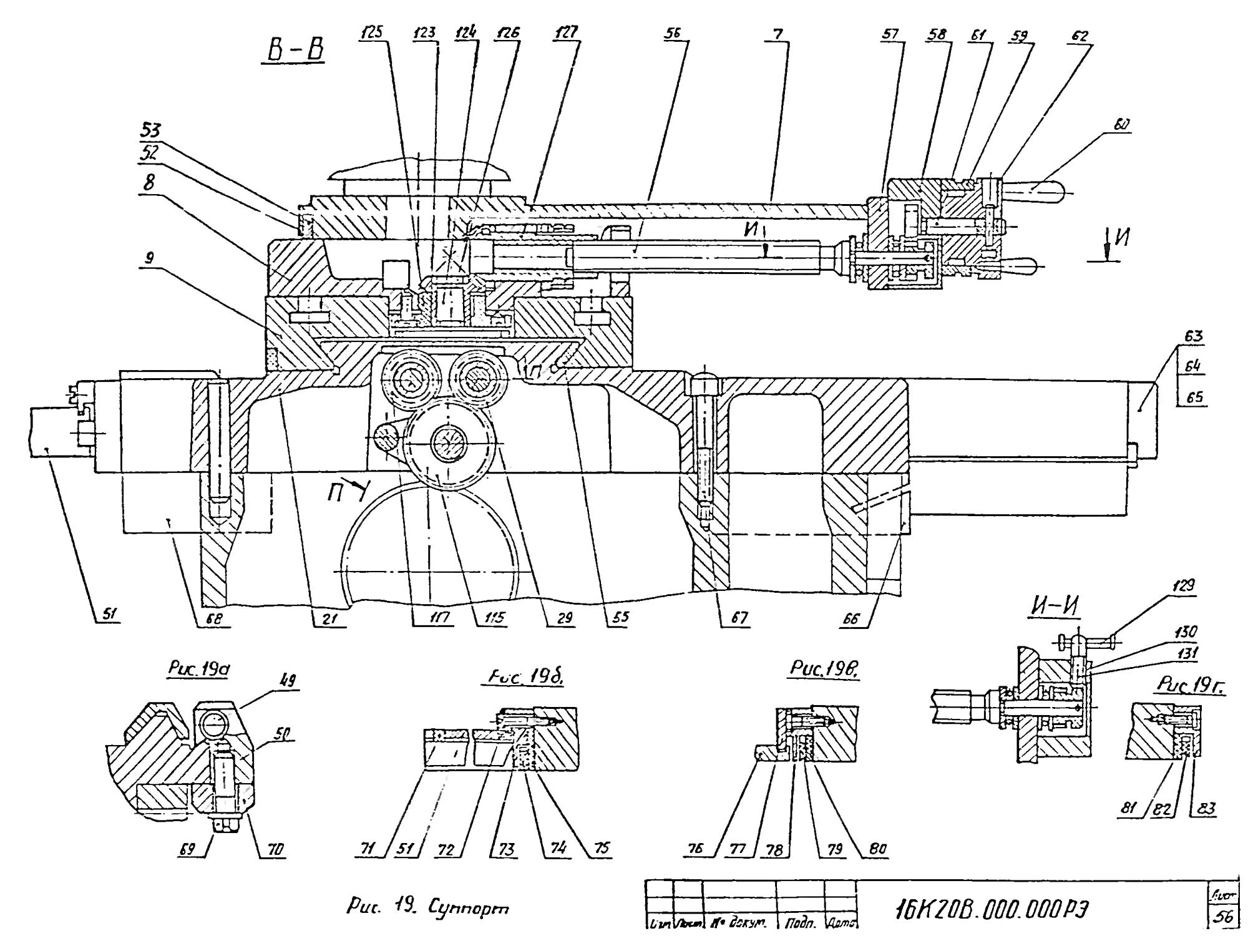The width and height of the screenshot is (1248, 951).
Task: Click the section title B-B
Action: pyautogui.click(x=296, y=51)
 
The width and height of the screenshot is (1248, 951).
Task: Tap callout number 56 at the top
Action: pyautogui.click(x=673, y=34)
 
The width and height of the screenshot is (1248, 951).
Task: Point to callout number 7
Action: pyautogui.click(x=777, y=34)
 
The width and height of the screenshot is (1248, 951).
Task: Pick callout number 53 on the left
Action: pyautogui.click(x=150, y=130)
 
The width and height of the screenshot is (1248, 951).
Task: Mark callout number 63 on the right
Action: pyautogui.click(x=1194, y=337)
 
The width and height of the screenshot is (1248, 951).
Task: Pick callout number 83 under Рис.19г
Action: pyautogui.click(x=1206, y=809)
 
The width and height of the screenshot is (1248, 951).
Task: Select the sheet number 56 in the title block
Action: pyautogui.click(x=1224, y=917)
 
